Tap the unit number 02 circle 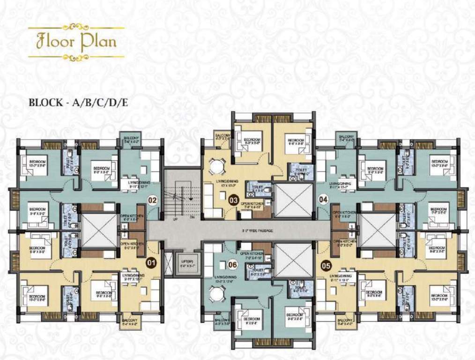click(x=152, y=201)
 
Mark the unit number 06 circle click(x=233, y=264)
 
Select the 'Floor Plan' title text click(x=76, y=42)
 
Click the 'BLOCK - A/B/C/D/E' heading click(x=78, y=102)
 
